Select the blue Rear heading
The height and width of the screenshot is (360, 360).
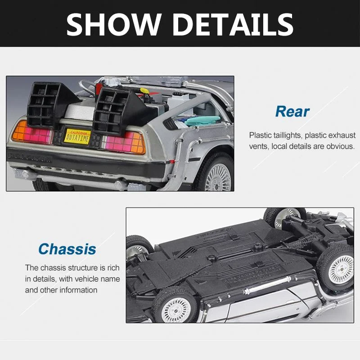pos(292,111)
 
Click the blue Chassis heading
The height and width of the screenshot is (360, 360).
pos(67,249)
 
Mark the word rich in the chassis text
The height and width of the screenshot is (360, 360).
pos(114,268)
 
